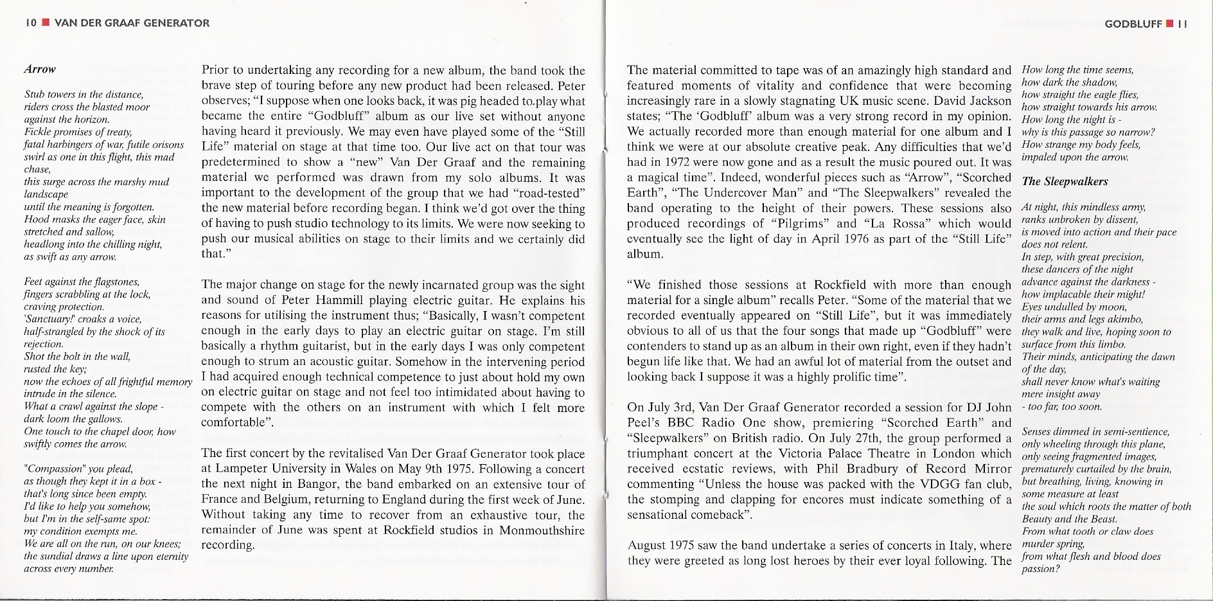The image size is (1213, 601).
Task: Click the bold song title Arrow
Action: click(40, 69)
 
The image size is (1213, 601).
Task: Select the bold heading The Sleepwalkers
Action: click(1065, 181)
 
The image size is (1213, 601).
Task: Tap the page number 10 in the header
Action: click(30, 23)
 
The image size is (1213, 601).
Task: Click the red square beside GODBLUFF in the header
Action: click(1171, 24)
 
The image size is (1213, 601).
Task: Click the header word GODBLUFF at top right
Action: click(1133, 24)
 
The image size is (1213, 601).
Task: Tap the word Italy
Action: click(961, 546)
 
